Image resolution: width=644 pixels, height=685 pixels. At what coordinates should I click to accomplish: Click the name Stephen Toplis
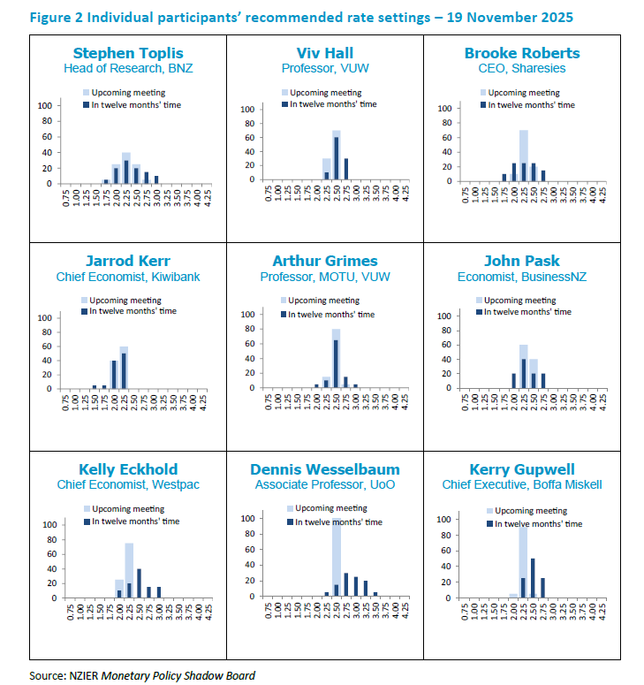pyautogui.click(x=128, y=53)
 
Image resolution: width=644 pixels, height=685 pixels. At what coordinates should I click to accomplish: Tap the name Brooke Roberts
pyautogui.click(x=522, y=53)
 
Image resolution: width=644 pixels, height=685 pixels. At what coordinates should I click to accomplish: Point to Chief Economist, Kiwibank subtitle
pyautogui.click(x=128, y=277)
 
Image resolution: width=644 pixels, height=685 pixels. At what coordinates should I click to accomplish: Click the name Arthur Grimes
pyautogui.click(x=324, y=262)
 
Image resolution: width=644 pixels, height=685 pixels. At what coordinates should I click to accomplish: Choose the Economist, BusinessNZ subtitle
pyautogui.click(x=522, y=277)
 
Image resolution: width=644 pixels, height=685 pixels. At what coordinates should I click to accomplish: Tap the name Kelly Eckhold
pyautogui.click(x=128, y=469)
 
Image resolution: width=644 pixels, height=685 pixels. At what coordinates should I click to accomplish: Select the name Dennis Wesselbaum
pyautogui.click(x=324, y=469)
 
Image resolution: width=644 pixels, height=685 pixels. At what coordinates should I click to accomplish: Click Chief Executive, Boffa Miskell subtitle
pyautogui.click(x=522, y=484)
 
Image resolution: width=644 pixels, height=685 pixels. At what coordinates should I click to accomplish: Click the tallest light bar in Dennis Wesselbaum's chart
pyautogui.click(x=336, y=557)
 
